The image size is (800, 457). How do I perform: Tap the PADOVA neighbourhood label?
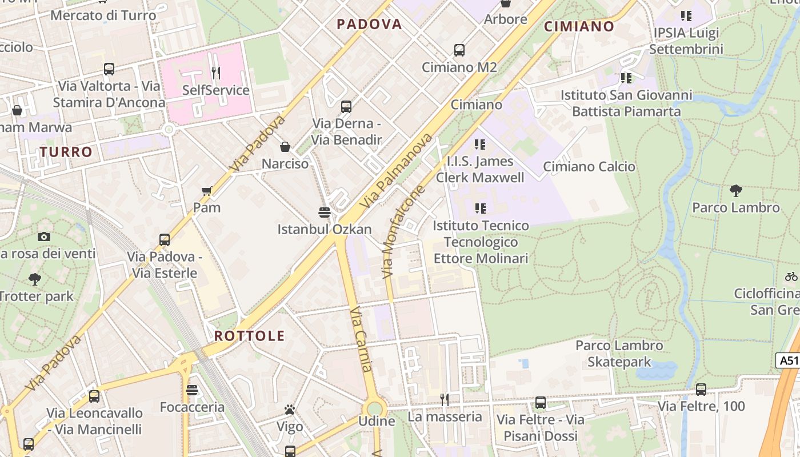369,24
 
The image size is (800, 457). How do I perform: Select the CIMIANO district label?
579,26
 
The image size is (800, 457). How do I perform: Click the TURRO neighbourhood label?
66,152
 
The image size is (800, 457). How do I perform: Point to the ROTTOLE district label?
249,336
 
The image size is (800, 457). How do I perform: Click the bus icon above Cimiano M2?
459,50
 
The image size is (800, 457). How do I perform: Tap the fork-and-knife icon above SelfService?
216,73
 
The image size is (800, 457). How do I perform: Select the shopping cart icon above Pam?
207,191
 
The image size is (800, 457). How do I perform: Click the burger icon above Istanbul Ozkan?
325,213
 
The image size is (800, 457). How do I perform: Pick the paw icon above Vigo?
290,410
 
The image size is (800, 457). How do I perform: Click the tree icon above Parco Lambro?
736,191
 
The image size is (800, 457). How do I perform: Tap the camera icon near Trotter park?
44,236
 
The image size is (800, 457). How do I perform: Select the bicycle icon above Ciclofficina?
791,277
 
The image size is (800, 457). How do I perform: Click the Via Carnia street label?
361,339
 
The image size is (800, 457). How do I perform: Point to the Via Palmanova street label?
396,171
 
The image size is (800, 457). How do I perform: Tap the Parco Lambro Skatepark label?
619,354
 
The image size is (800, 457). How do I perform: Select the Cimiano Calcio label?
589,167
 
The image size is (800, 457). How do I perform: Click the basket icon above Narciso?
285,147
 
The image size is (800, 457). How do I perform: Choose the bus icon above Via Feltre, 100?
701,390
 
